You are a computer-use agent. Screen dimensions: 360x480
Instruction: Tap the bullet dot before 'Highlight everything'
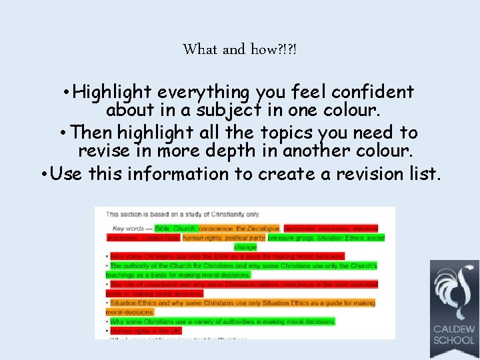65,92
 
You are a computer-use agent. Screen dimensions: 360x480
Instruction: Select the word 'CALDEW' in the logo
454,329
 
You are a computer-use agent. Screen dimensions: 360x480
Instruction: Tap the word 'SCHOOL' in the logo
454,341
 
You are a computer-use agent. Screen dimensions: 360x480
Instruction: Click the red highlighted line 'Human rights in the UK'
145,331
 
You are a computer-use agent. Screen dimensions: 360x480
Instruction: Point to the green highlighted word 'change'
245,247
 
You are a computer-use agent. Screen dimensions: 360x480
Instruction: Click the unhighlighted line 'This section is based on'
183,214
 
